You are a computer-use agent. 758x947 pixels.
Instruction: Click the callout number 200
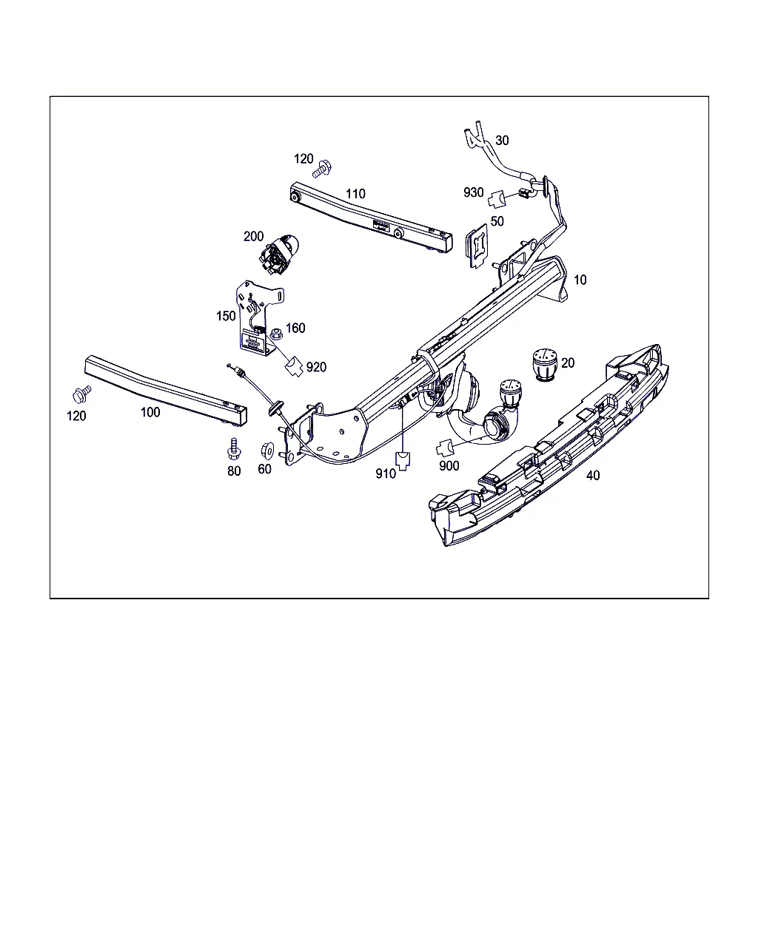(253, 236)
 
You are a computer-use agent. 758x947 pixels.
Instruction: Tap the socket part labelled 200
(278, 255)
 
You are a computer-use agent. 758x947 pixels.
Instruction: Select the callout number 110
(355, 194)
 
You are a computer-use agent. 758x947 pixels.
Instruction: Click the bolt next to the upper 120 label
(322, 169)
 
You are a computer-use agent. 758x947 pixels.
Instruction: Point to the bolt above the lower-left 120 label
(82, 394)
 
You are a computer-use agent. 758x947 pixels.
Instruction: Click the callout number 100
(150, 412)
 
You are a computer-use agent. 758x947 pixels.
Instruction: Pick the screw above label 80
(234, 449)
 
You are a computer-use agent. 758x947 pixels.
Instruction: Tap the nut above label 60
(267, 450)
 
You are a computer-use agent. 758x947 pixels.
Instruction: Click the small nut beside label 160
(276, 334)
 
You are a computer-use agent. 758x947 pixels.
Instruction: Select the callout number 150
(226, 316)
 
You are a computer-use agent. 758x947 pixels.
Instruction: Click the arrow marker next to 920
(294, 365)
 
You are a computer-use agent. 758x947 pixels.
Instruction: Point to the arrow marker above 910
(403, 460)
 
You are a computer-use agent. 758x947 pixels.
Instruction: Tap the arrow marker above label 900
(445, 448)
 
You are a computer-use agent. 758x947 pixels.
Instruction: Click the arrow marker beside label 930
(497, 198)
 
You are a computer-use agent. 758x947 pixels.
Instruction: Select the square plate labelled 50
(477, 246)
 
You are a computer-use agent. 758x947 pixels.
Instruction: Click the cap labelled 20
(545, 364)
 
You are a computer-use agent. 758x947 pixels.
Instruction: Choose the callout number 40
(593, 475)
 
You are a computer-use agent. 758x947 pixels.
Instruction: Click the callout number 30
(502, 141)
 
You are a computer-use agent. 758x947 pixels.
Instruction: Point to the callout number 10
(580, 280)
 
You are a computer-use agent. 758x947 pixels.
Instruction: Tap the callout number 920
(316, 367)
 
